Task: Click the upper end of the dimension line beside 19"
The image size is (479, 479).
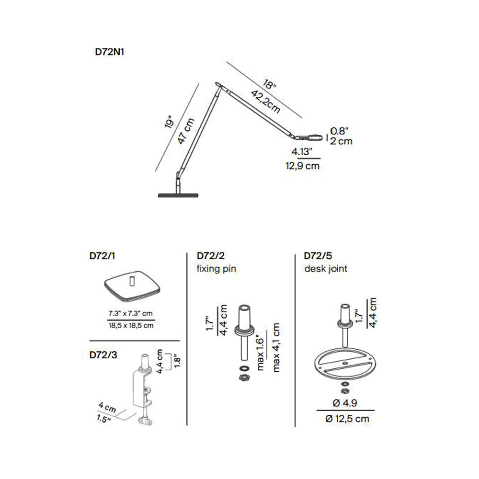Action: click(199, 83)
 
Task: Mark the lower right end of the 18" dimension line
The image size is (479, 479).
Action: click(302, 118)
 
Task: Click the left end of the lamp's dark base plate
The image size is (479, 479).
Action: click(159, 195)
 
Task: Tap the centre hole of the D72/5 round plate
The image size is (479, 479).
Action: click(344, 363)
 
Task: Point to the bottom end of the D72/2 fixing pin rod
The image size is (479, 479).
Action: click(244, 360)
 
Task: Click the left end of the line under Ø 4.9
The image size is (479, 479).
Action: click(317, 411)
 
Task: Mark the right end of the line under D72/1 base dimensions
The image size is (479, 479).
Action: click(155, 320)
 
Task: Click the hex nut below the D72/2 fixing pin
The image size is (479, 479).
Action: click(244, 377)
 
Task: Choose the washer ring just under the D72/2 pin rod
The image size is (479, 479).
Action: click(244, 368)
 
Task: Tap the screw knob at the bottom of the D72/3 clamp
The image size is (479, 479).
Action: click(145, 422)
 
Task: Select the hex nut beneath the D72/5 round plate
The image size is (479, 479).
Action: click(345, 391)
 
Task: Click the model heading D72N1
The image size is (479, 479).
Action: click(109, 52)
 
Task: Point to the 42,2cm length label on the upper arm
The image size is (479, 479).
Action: click(265, 102)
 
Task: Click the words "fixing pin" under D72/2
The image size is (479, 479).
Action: click(217, 269)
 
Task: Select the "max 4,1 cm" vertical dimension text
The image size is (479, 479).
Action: click(276, 347)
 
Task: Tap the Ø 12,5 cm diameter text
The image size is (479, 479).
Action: click(347, 419)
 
